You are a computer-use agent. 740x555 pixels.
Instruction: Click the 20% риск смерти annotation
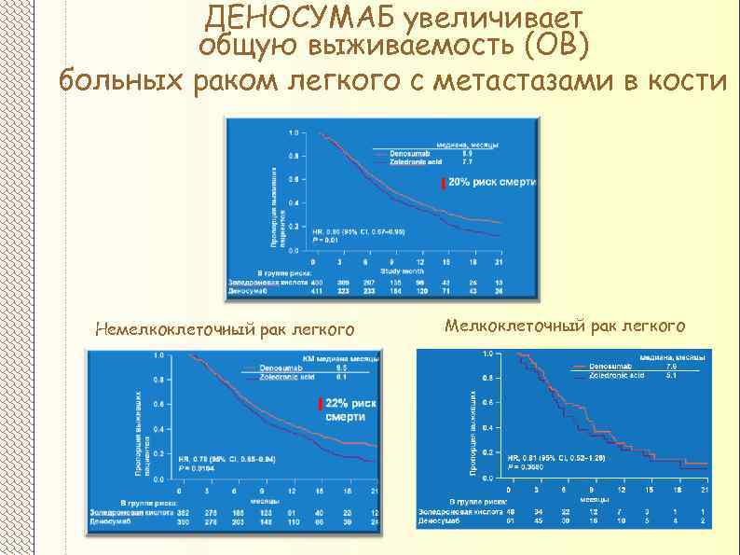click(492, 183)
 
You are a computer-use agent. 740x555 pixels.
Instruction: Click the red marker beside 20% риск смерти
click(443, 184)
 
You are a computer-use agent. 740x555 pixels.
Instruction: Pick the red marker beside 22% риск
click(319, 403)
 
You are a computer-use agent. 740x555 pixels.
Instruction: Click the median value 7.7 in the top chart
click(494, 161)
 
